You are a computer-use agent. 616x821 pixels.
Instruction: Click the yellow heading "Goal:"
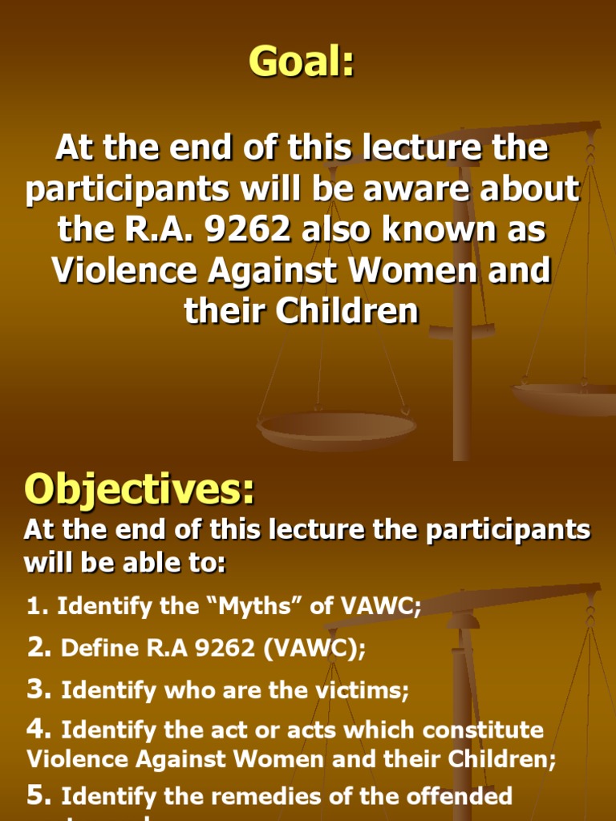click(x=302, y=62)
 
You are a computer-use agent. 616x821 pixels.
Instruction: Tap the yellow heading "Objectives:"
click(x=140, y=490)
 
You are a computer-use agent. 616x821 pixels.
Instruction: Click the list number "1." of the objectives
click(x=38, y=607)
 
